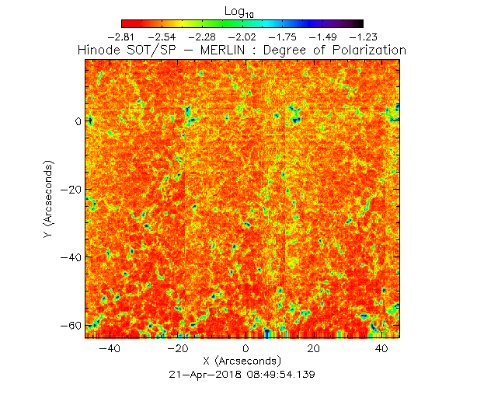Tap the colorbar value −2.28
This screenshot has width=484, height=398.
203,37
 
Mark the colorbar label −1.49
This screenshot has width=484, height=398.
324,37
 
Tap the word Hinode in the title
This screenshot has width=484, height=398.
99,50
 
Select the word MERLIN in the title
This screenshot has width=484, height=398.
218,50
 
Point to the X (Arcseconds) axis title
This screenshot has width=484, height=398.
242,361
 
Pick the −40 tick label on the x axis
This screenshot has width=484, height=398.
110,349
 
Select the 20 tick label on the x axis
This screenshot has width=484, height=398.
313,349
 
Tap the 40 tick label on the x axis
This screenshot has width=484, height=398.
381,349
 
